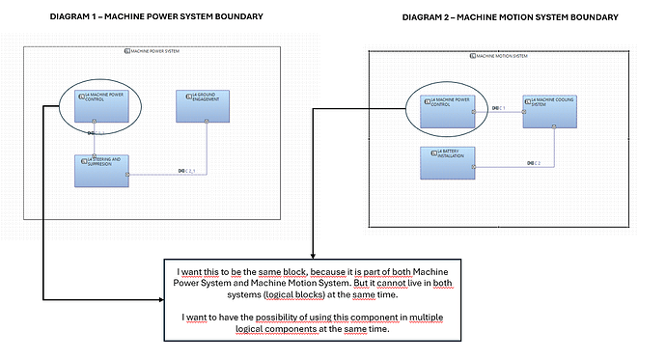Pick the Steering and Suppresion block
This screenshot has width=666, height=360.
point(101,170)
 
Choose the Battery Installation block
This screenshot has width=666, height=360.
point(447,162)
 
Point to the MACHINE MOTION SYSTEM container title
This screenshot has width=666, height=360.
point(498,56)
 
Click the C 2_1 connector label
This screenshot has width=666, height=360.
point(187,171)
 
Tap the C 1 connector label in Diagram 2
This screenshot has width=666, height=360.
point(498,107)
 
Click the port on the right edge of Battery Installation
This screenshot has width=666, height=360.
point(473,166)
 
